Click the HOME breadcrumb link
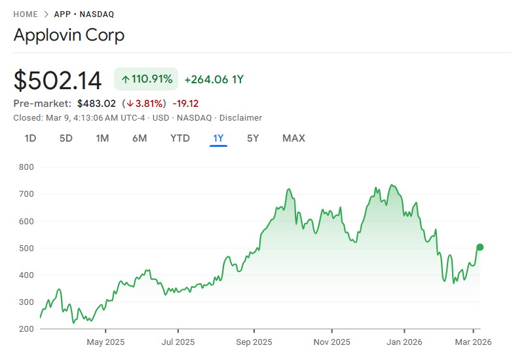point(25,14)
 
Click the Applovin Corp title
point(69,35)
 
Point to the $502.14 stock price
point(58,81)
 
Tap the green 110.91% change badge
point(147,79)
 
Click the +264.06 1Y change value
point(214,79)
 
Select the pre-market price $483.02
point(96,104)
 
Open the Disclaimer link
point(240,118)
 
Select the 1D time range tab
point(30,138)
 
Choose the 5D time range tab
point(66,138)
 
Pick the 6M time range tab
point(139,138)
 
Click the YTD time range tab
point(180,138)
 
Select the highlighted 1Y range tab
point(218,138)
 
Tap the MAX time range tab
point(293,138)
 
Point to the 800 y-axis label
point(26,167)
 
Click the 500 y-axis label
point(26,248)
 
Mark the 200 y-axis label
point(26,329)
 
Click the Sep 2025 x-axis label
point(254,342)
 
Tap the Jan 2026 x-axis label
point(404,342)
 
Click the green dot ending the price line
point(480,247)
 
